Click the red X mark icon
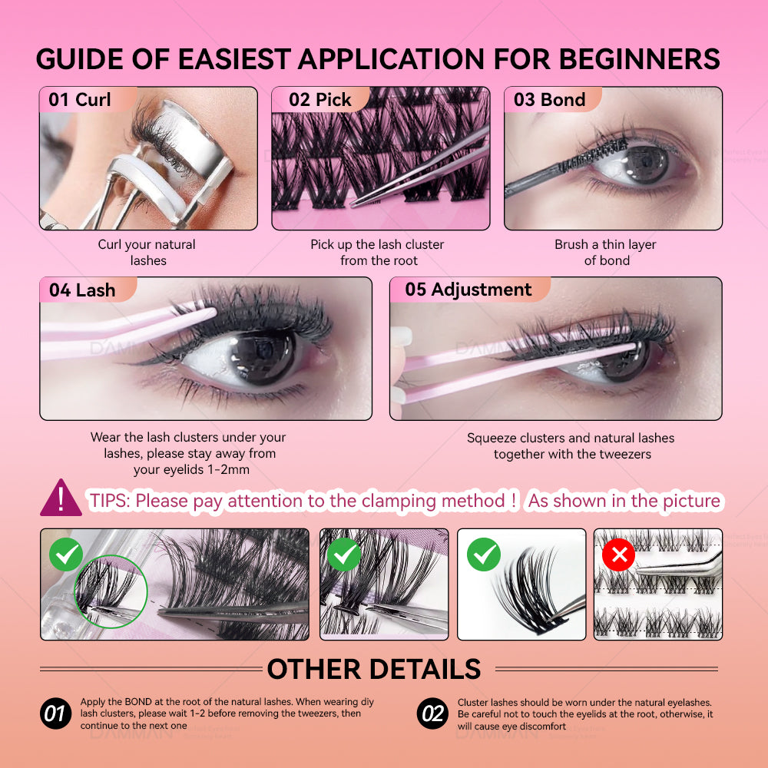[618, 554]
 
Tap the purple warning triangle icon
[61, 498]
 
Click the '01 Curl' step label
[80, 99]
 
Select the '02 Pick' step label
[319, 99]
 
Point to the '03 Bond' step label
[550, 99]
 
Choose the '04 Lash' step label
[82, 290]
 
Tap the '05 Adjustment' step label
[468, 290]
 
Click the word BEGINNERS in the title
[639, 59]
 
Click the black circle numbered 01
[55, 713]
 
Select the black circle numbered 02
[432, 713]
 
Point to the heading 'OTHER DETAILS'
[374, 669]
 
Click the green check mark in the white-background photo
[483, 554]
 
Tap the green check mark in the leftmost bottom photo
[66, 554]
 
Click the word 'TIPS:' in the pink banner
[110, 501]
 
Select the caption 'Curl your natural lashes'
[147, 252]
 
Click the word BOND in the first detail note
[138, 702]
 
